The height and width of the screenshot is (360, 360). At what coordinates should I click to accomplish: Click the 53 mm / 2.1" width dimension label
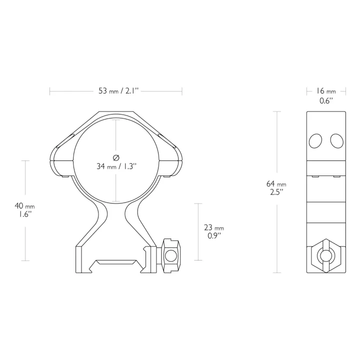tap(118, 91)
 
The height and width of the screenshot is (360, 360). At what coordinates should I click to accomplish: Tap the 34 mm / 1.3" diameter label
tap(116, 166)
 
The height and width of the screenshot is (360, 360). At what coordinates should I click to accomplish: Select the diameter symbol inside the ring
tap(116, 157)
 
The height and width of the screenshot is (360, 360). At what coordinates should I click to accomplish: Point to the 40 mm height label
tap(25, 205)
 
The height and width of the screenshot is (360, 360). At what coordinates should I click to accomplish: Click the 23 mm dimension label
tap(214, 227)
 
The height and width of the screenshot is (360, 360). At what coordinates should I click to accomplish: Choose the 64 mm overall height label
tap(276, 183)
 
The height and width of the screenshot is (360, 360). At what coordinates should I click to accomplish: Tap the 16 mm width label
tap(326, 91)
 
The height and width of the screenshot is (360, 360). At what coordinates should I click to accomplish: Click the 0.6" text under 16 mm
tap(326, 100)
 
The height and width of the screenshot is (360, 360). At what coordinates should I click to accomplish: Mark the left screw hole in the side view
tap(315, 141)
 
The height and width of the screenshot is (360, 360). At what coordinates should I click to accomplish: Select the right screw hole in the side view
tap(337, 141)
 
